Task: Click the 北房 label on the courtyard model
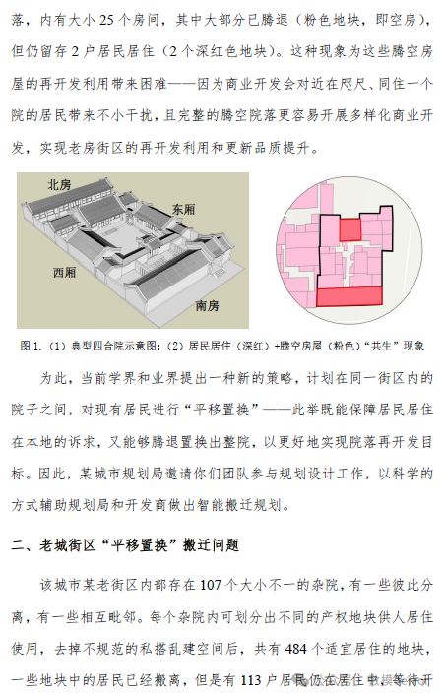pos(59,184)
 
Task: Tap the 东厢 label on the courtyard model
pos(184,209)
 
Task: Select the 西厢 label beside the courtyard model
pos(64,272)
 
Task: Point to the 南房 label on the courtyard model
pos(208,305)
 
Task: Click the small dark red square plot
pos(349,229)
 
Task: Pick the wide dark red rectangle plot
pos(349,296)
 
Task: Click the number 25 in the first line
pos(107,19)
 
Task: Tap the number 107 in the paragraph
pos(211,584)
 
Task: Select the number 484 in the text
pos(296,648)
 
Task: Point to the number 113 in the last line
pos(251,680)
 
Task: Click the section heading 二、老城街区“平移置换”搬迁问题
pos(125,544)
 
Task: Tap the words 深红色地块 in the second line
pos(231,51)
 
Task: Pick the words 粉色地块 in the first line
pos(332,19)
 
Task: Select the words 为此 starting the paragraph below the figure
pos(53,378)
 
